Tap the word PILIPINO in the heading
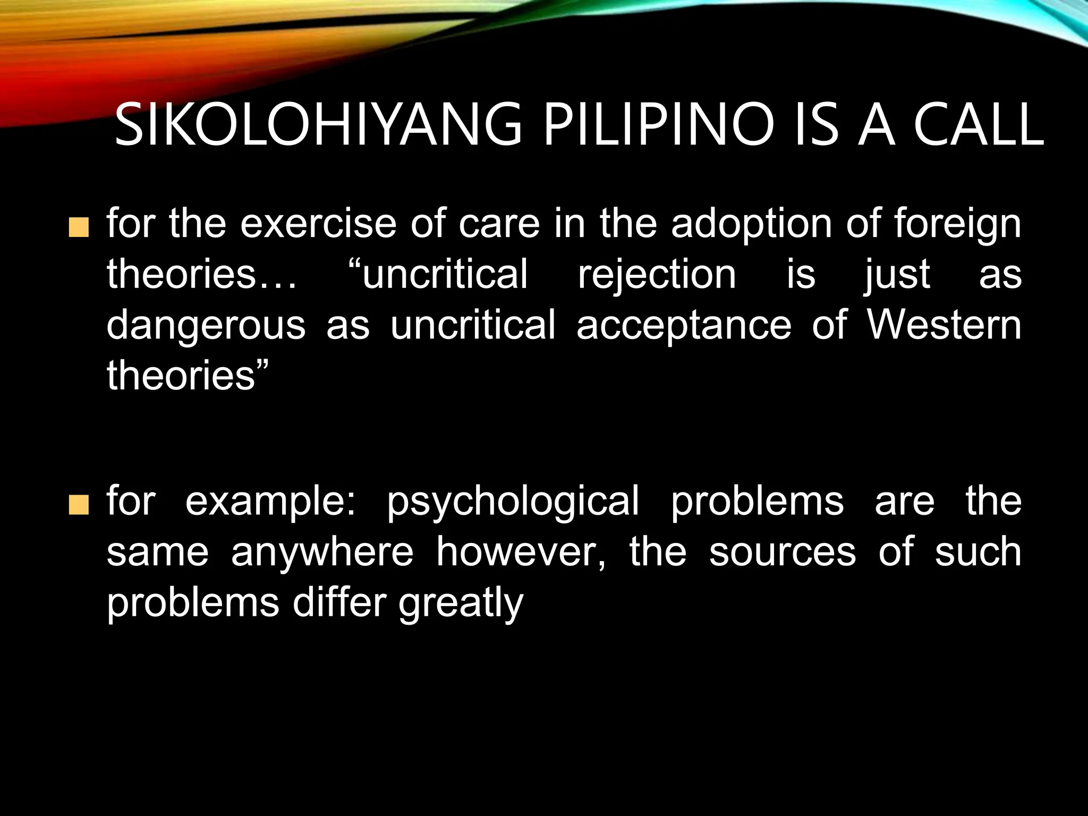pos(659,125)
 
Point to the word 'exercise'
pos(318,224)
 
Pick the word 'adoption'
pos(751,224)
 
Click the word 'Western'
pos(944,325)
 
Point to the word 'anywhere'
pos(322,552)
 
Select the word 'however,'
pos(521,551)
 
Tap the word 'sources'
pos(783,552)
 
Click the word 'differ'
pos(339,602)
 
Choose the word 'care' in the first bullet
pos(499,224)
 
